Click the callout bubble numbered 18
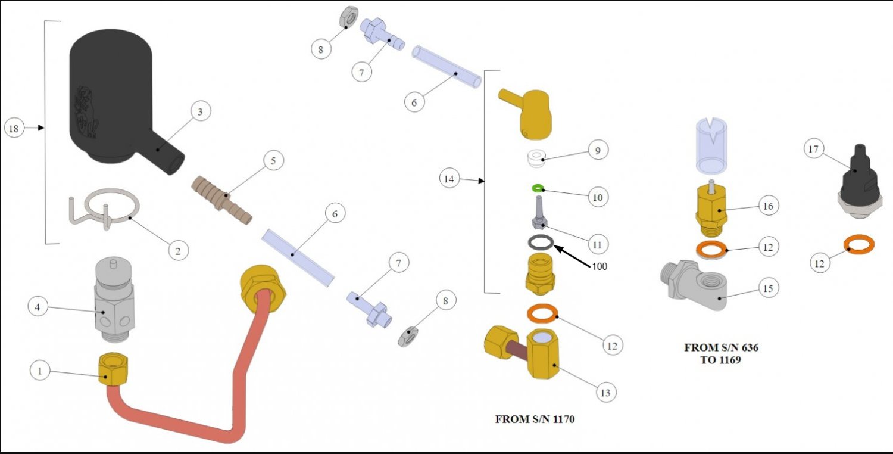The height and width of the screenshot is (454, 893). tap(15, 128)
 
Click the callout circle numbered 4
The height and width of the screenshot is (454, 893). tap(38, 307)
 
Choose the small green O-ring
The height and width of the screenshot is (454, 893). tap(538, 189)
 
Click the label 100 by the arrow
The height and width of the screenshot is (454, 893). tap(599, 266)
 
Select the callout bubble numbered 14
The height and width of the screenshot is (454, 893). tap(450, 178)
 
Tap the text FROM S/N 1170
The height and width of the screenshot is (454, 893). tap(535, 419)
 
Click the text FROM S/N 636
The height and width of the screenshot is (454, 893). tap(721, 347)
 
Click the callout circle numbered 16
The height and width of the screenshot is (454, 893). tap(767, 206)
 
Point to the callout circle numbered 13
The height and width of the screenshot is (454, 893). tap(607, 393)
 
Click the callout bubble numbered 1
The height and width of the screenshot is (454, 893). tap(40, 371)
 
